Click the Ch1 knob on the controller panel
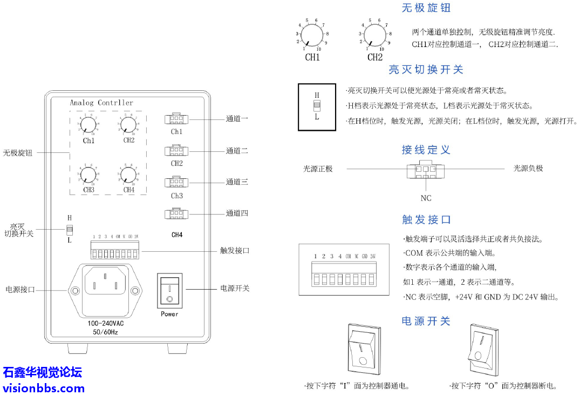click(90, 126)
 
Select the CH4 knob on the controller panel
click(128, 174)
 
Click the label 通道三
click(237, 182)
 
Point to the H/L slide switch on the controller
click(69, 230)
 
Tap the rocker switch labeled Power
click(169, 290)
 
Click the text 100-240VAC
click(110, 323)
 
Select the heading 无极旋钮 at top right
click(426, 8)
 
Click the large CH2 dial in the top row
click(374, 36)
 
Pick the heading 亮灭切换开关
click(426, 70)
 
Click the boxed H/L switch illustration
click(317, 106)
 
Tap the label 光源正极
click(318, 169)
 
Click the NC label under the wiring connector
click(426, 198)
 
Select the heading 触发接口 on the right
click(426, 219)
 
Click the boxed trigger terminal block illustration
click(344, 269)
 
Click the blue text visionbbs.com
click(44, 388)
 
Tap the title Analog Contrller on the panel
click(101, 103)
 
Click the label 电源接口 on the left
click(20, 290)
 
